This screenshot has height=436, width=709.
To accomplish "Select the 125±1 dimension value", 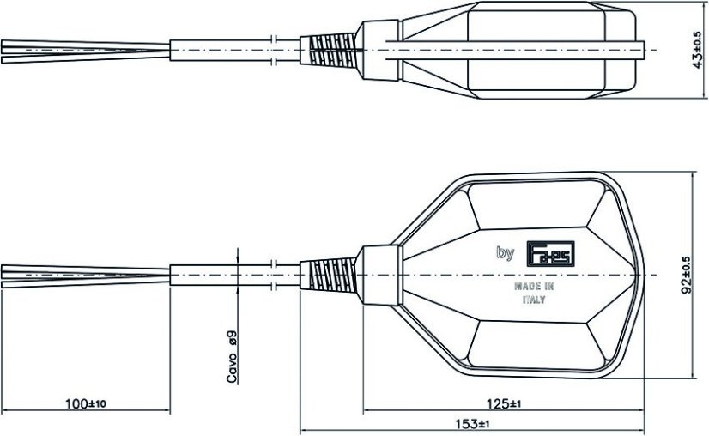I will coord(505,403).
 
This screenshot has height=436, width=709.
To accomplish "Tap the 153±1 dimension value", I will coord(472,425).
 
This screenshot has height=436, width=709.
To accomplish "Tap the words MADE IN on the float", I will coord(533,286).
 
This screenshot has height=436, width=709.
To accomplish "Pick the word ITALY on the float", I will coord(533,301).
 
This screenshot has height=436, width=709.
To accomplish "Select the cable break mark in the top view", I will coord(272,50).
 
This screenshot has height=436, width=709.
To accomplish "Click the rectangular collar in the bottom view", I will coord(378,275).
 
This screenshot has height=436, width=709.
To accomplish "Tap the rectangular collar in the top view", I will coord(378,50).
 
